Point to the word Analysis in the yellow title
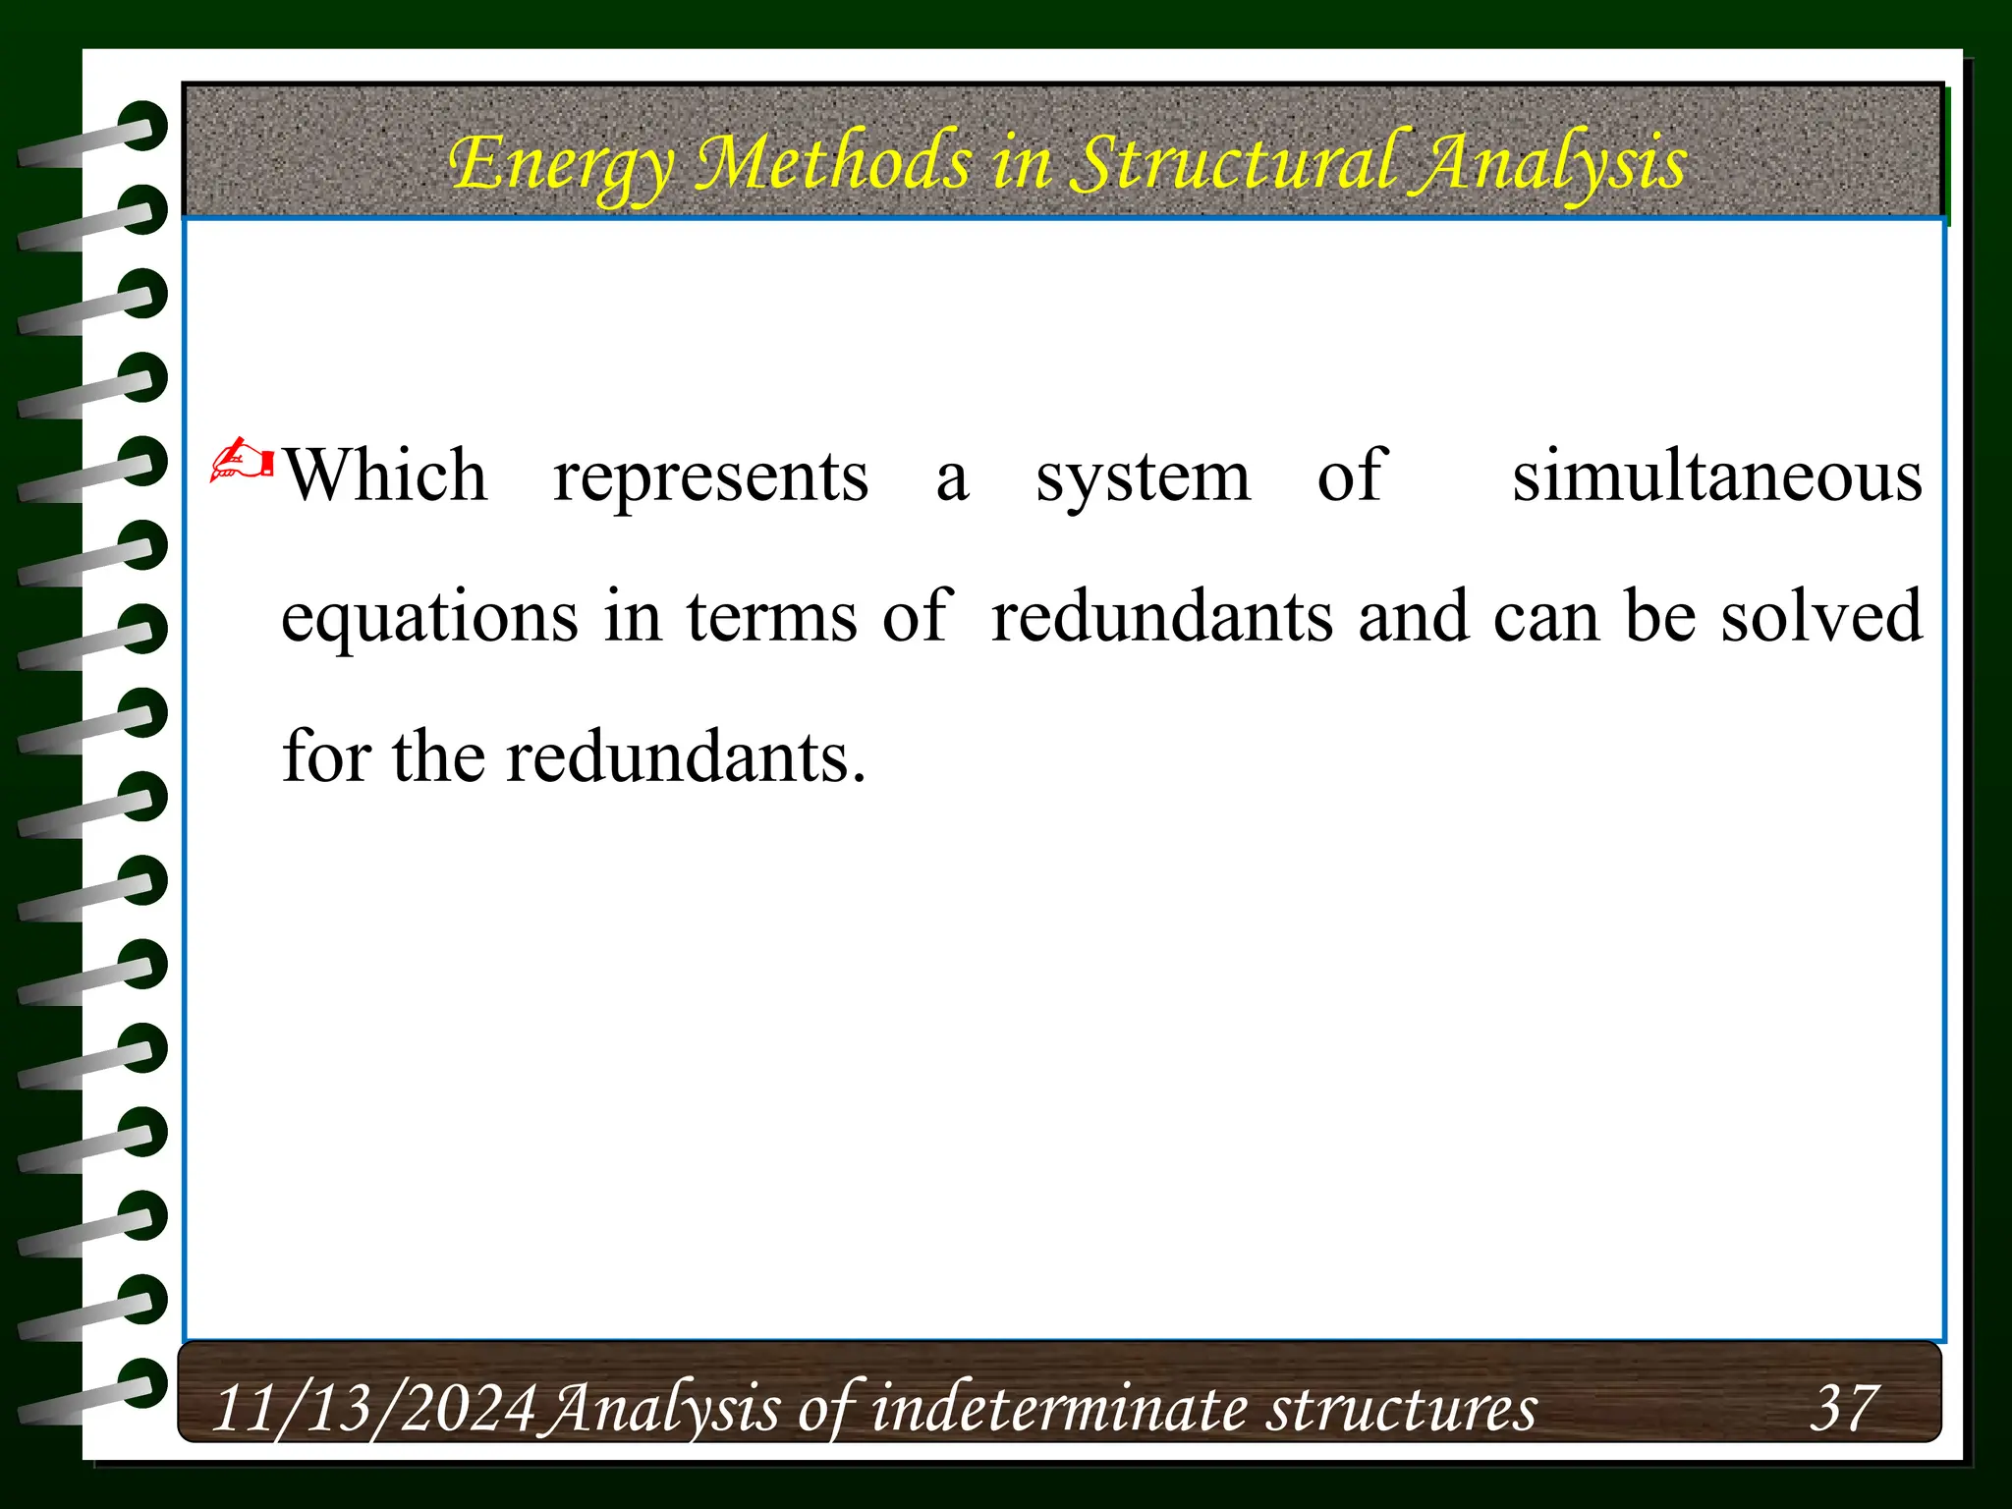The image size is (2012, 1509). click(x=1549, y=165)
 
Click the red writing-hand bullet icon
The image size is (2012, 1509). click(x=242, y=460)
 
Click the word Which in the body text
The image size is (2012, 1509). click(x=385, y=476)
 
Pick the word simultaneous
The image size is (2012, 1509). click(x=1716, y=476)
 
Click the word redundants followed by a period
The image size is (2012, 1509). click(x=685, y=758)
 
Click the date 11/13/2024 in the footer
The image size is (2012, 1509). click(x=373, y=1409)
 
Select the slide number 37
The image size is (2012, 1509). click(x=1843, y=1407)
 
